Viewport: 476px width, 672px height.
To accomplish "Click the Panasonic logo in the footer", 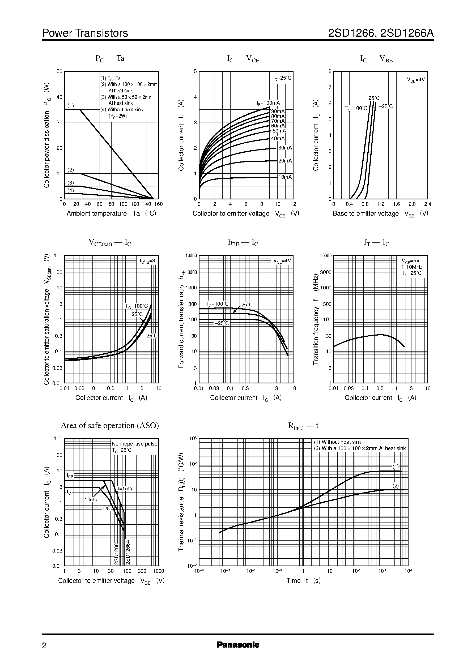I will pyautogui.click(x=238, y=653).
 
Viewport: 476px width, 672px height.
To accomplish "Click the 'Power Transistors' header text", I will pyautogui.click(x=85, y=33).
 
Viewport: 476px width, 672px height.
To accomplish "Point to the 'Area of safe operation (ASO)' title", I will pyautogui.click(x=110, y=425).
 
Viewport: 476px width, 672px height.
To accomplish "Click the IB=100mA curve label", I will pyautogui.click(x=268, y=103).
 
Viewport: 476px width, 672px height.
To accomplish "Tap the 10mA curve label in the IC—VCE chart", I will pyautogui.click(x=285, y=177).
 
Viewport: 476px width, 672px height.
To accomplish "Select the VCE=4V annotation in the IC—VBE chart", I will pyautogui.click(x=416, y=80).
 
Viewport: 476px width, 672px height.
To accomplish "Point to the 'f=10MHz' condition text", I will pyautogui.click(x=412, y=267).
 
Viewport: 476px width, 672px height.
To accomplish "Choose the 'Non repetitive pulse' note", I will pyautogui.click(x=134, y=444).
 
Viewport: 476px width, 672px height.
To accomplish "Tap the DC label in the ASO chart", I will pyautogui.click(x=107, y=508).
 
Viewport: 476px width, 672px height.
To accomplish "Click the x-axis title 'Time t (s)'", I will pyautogui.click(x=303, y=581).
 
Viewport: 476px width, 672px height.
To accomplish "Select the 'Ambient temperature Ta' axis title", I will pyautogui.click(x=111, y=213).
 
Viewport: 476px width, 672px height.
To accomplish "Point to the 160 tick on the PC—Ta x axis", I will pyautogui.click(x=158, y=204).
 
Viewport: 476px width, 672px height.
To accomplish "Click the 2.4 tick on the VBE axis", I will pyautogui.click(x=427, y=204).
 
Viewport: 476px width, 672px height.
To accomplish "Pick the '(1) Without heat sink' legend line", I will pyautogui.click(x=337, y=442).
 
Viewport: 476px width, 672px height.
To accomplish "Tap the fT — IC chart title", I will pyautogui.click(x=376, y=243).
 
